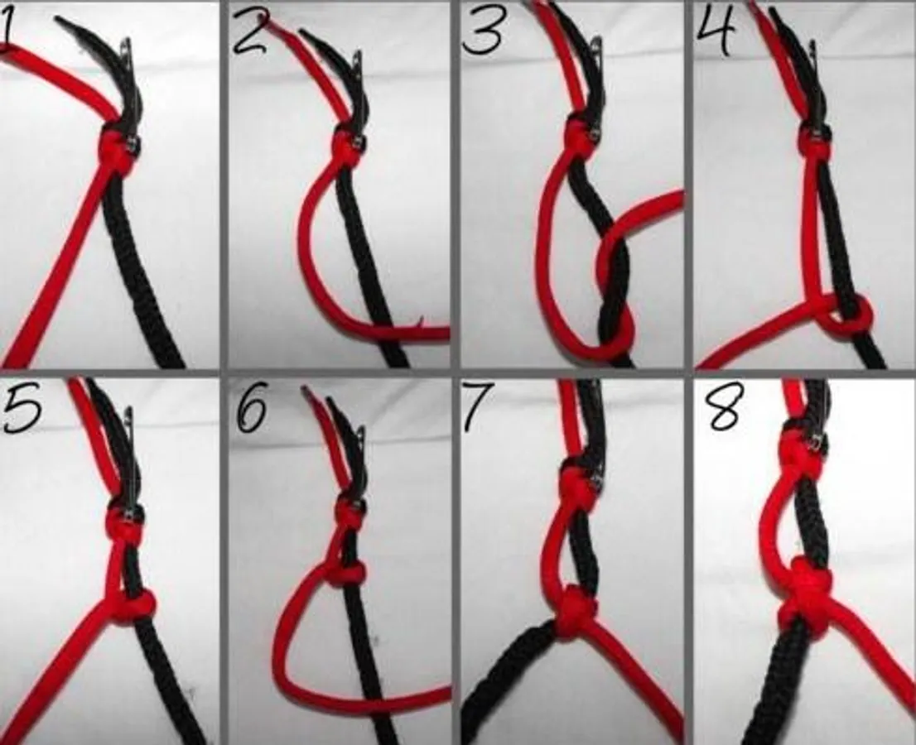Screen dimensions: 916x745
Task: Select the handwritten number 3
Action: [x=482, y=32]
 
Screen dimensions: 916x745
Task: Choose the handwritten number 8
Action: [x=722, y=406]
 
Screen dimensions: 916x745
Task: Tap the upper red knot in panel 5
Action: [x=122, y=523]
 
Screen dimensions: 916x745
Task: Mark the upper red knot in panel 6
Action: [x=350, y=515]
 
